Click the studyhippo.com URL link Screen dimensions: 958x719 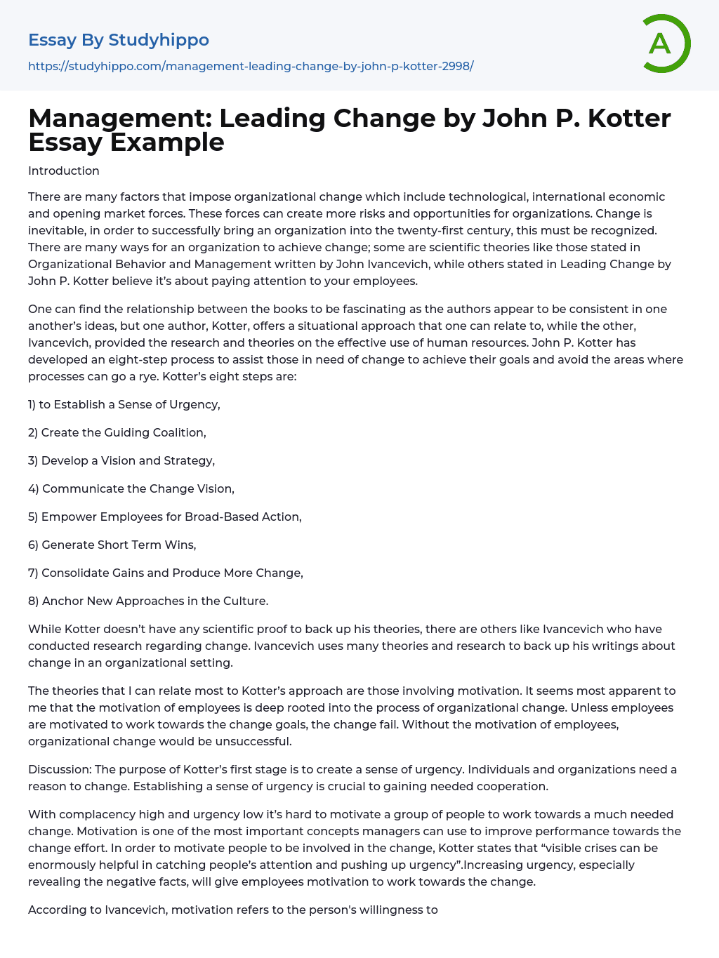point(251,66)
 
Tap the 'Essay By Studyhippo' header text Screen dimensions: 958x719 point(119,40)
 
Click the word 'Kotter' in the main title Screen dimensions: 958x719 point(629,119)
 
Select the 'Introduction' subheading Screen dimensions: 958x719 point(64,171)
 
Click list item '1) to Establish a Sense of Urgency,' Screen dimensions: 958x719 point(124,404)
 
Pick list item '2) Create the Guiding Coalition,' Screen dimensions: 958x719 point(117,432)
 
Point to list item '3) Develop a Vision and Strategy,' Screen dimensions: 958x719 point(121,460)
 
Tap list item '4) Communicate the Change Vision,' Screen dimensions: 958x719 point(131,488)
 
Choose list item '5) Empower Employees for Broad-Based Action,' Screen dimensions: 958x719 point(165,517)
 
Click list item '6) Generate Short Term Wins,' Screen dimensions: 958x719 point(112,545)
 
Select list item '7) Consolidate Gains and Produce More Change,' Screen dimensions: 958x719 point(166,573)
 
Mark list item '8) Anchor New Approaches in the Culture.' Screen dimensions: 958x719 point(148,601)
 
